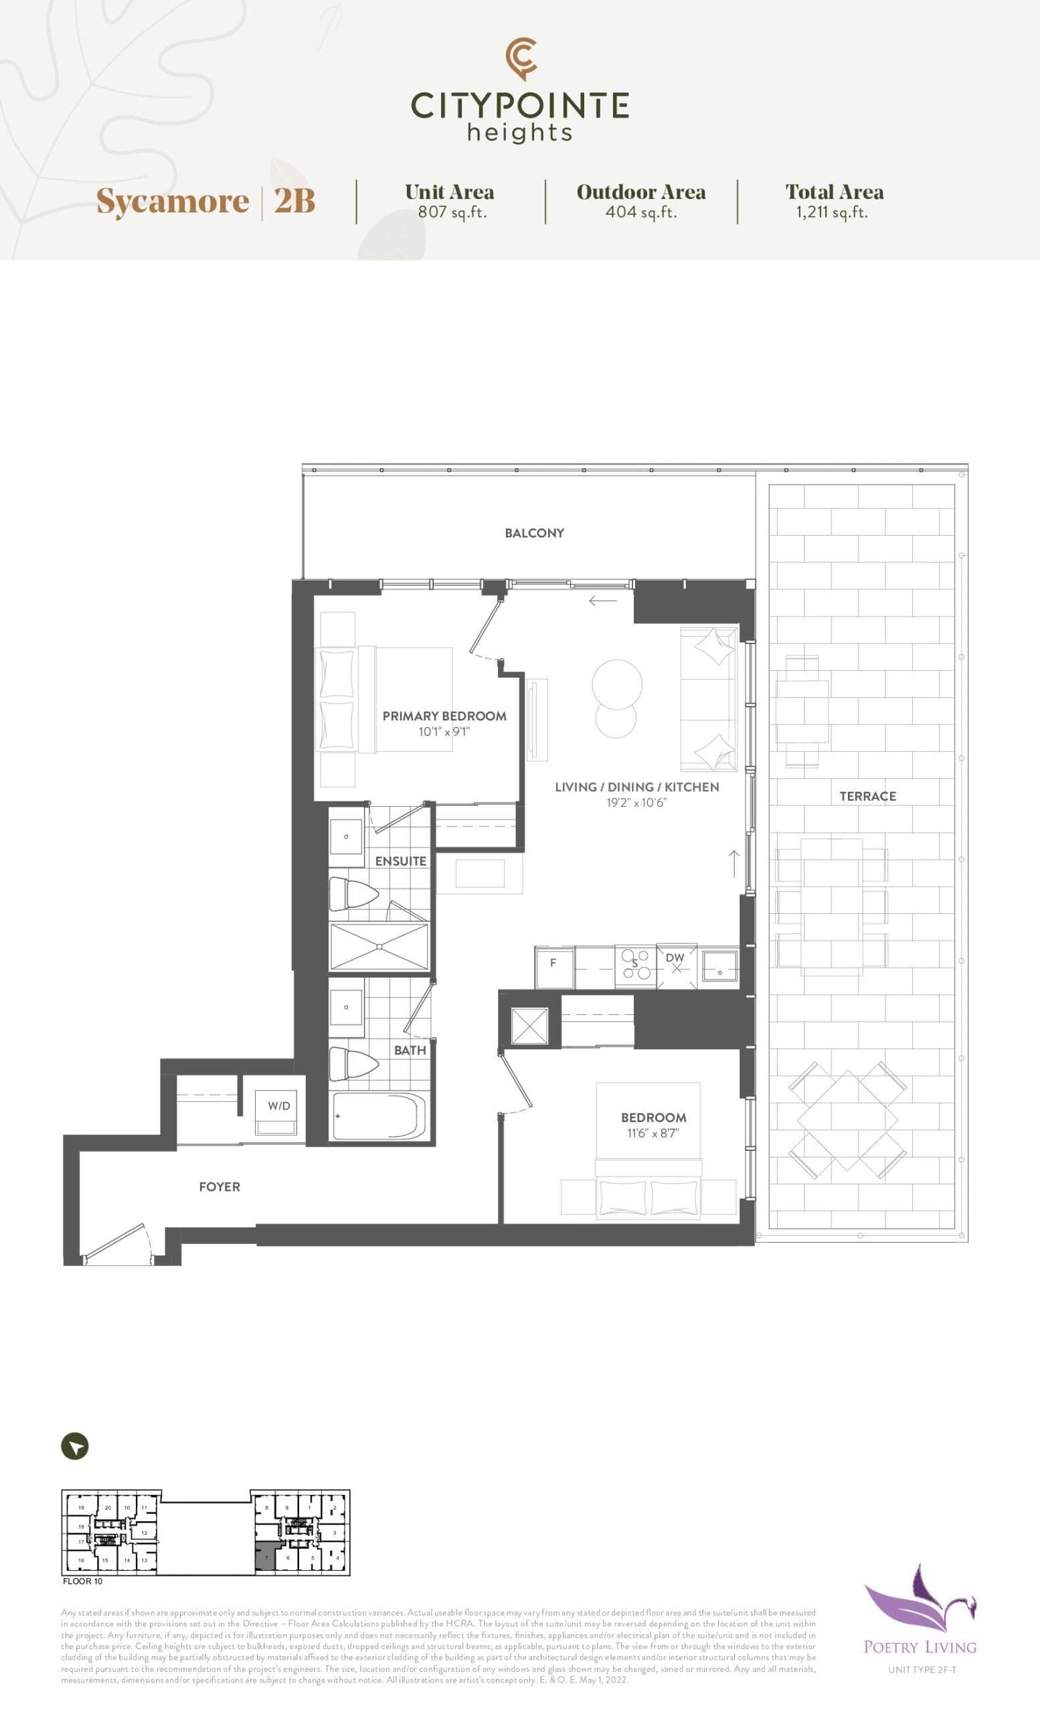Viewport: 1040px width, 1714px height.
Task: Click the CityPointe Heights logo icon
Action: pos(521,58)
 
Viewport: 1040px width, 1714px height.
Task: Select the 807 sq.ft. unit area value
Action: pos(452,212)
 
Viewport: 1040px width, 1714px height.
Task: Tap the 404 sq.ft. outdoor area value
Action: pos(641,212)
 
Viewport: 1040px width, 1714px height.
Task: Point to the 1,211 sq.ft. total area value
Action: pos(832,212)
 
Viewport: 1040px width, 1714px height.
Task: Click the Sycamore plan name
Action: pos(173,201)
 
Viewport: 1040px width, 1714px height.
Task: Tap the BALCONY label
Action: pos(534,533)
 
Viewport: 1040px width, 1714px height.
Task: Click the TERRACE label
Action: pos(867,797)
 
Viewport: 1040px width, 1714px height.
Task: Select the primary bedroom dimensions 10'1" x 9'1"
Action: pos(444,732)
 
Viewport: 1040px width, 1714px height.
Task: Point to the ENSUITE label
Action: pos(400,861)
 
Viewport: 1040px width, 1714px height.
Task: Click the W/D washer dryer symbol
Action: pos(279,1107)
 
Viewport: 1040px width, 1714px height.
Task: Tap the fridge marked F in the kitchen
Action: pos(553,963)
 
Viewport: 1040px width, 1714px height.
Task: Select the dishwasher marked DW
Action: pos(675,963)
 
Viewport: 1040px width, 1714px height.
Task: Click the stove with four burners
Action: pos(634,965)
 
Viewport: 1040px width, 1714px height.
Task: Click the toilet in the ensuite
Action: pos(352,894)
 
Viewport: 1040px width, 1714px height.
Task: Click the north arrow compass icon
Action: pos(75,1447)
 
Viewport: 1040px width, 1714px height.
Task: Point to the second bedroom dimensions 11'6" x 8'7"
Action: pos(653,1133)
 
